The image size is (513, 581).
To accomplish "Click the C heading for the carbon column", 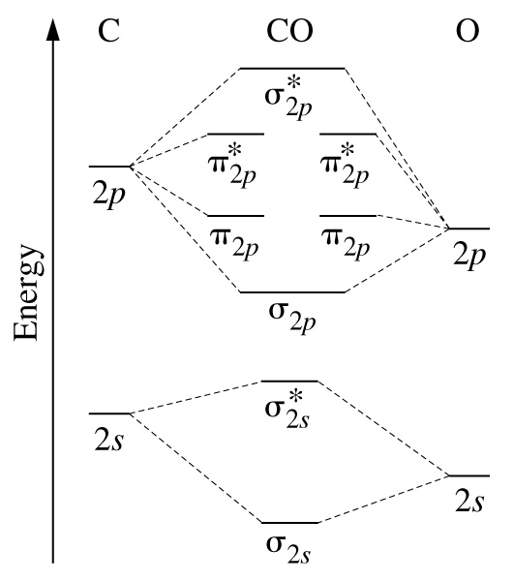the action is [109, 30].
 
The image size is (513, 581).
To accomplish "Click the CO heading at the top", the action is [289, 30].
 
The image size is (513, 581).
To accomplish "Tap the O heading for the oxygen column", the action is [468, 30].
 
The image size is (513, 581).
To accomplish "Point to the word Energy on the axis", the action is [28, 292].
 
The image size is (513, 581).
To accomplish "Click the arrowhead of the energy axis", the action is [53, 29].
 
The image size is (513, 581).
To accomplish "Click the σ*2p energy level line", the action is [292, 69].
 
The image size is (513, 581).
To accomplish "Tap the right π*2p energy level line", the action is [347, 134].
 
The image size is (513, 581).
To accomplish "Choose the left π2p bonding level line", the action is [235, 216].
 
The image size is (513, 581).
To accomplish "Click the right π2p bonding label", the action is [346, 243].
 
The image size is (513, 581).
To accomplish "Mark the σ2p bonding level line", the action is [292, 292].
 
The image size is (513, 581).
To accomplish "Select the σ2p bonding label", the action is [292, 318].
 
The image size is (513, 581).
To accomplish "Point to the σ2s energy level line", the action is [290, 523].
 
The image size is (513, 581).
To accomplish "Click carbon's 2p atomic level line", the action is [110, 167].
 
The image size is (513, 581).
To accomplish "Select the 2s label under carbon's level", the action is [109, 440].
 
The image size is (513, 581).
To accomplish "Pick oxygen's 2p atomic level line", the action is [469, 229].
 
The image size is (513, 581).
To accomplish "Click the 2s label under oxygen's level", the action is [469, 501].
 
